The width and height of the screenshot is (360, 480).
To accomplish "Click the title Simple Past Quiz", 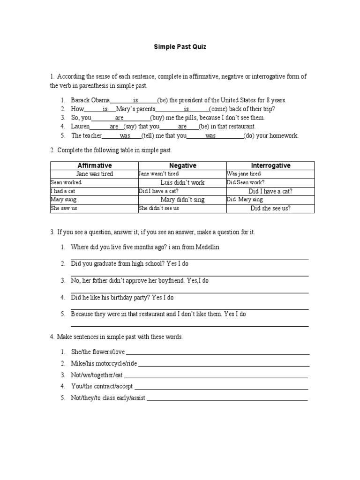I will pyautogui.click(x=180, y=47).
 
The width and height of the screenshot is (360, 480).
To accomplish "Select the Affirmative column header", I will pyautogui.click(x=94, y=165).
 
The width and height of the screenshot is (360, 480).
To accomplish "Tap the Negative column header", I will pyautogui.click(x=182, y=165).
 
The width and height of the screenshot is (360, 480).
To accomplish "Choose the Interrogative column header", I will pyautogui.click(x=270, y=165).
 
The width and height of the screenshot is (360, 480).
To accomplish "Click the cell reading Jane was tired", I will pyautogui.click(x=94, y=174).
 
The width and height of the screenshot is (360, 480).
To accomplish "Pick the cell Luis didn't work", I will pyautogui.click(x=182, y=182).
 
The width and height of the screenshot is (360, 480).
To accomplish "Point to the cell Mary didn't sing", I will pyautogui.click(x=182, y=200).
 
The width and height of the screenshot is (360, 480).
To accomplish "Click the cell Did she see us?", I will pyautogui.click(x=270, y=209).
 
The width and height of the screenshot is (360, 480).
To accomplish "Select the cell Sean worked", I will pyautogui.click(x=66, y=182).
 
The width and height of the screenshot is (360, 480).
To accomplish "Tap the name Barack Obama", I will pyautogui.click(x=90, y=100).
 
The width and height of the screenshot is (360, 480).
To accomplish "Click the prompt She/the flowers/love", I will pyautogui.click(x=98, y=352).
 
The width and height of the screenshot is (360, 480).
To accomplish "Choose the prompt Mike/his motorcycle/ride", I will pyautogui.click(x=104, y=363).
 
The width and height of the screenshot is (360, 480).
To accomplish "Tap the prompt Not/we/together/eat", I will pyautogui.click(x=97, y=375).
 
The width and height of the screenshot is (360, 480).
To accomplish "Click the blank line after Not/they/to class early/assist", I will pyautogui.click(x=227, y=399).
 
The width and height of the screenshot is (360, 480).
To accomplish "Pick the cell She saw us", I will pyautogui.click(x=64, y=208).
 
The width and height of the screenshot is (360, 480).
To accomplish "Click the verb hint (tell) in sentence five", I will pyautogui.click(x=149, y=136).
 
